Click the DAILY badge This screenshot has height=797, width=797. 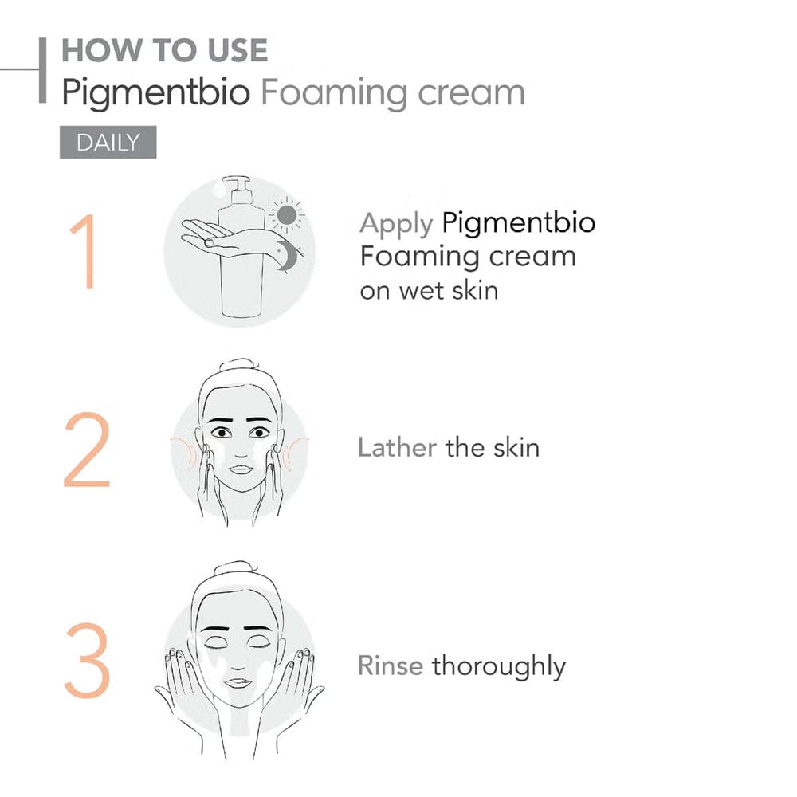[108, 143]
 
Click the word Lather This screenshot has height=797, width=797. [397, 447]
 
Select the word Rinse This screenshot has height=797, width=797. [391, 665]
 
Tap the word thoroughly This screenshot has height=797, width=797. [498, 666]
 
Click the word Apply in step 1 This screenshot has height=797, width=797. [396, 224]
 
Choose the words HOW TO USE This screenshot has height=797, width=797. [164, 51]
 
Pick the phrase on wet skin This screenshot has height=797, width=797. [429, 289]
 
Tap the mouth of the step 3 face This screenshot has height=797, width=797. [239, 682]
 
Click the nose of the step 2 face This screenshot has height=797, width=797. [240, 453]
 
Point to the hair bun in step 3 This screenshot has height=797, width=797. [233, 569]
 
